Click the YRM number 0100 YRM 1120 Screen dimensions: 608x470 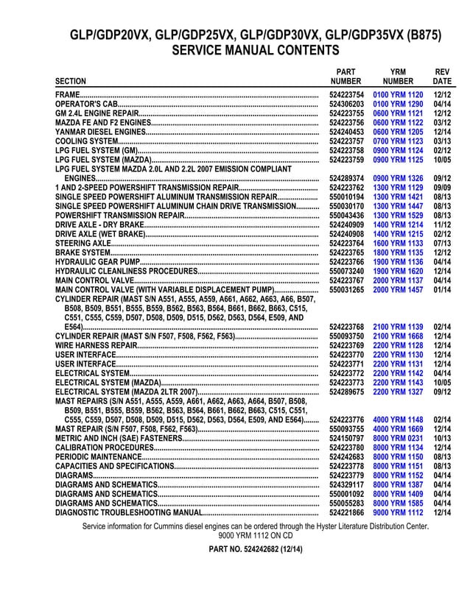398,96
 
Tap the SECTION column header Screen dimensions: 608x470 71,81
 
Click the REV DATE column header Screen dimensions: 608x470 442,76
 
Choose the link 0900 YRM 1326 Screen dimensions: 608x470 398,178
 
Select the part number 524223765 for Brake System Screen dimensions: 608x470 346,252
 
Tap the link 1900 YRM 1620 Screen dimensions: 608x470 398,270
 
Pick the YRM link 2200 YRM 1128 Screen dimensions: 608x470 398,344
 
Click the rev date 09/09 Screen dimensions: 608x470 442,188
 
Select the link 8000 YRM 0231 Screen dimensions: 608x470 398,438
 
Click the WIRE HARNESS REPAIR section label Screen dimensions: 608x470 97,344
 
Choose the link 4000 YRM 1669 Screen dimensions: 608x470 398,428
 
